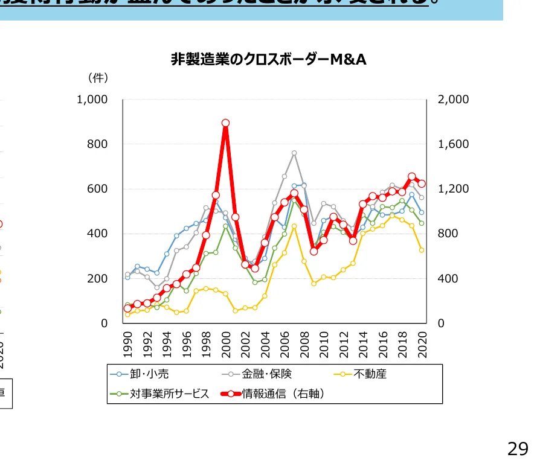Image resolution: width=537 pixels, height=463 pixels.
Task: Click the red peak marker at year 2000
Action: (x=225, y=123)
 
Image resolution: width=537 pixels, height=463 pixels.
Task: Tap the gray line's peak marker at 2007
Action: (x=294, y=153)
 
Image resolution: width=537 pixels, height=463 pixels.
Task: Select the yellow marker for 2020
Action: (x=422, y=250)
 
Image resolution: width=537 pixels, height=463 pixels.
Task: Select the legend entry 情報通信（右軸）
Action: (x=284, y=394)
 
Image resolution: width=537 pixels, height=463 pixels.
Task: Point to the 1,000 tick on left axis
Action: (x=92, y=100)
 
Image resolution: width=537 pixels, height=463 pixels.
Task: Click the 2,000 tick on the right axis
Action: (x=453, y=100)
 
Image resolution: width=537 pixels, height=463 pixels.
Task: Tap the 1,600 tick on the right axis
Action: (x=453, y=144)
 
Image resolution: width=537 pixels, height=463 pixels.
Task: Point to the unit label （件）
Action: (x=97, y=78)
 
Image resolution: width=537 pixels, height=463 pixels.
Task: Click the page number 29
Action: (x=518, y=449)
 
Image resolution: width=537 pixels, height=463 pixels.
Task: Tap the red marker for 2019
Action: (x=412, y=177)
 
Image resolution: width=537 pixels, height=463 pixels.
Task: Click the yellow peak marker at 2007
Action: (x=294, y=226)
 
